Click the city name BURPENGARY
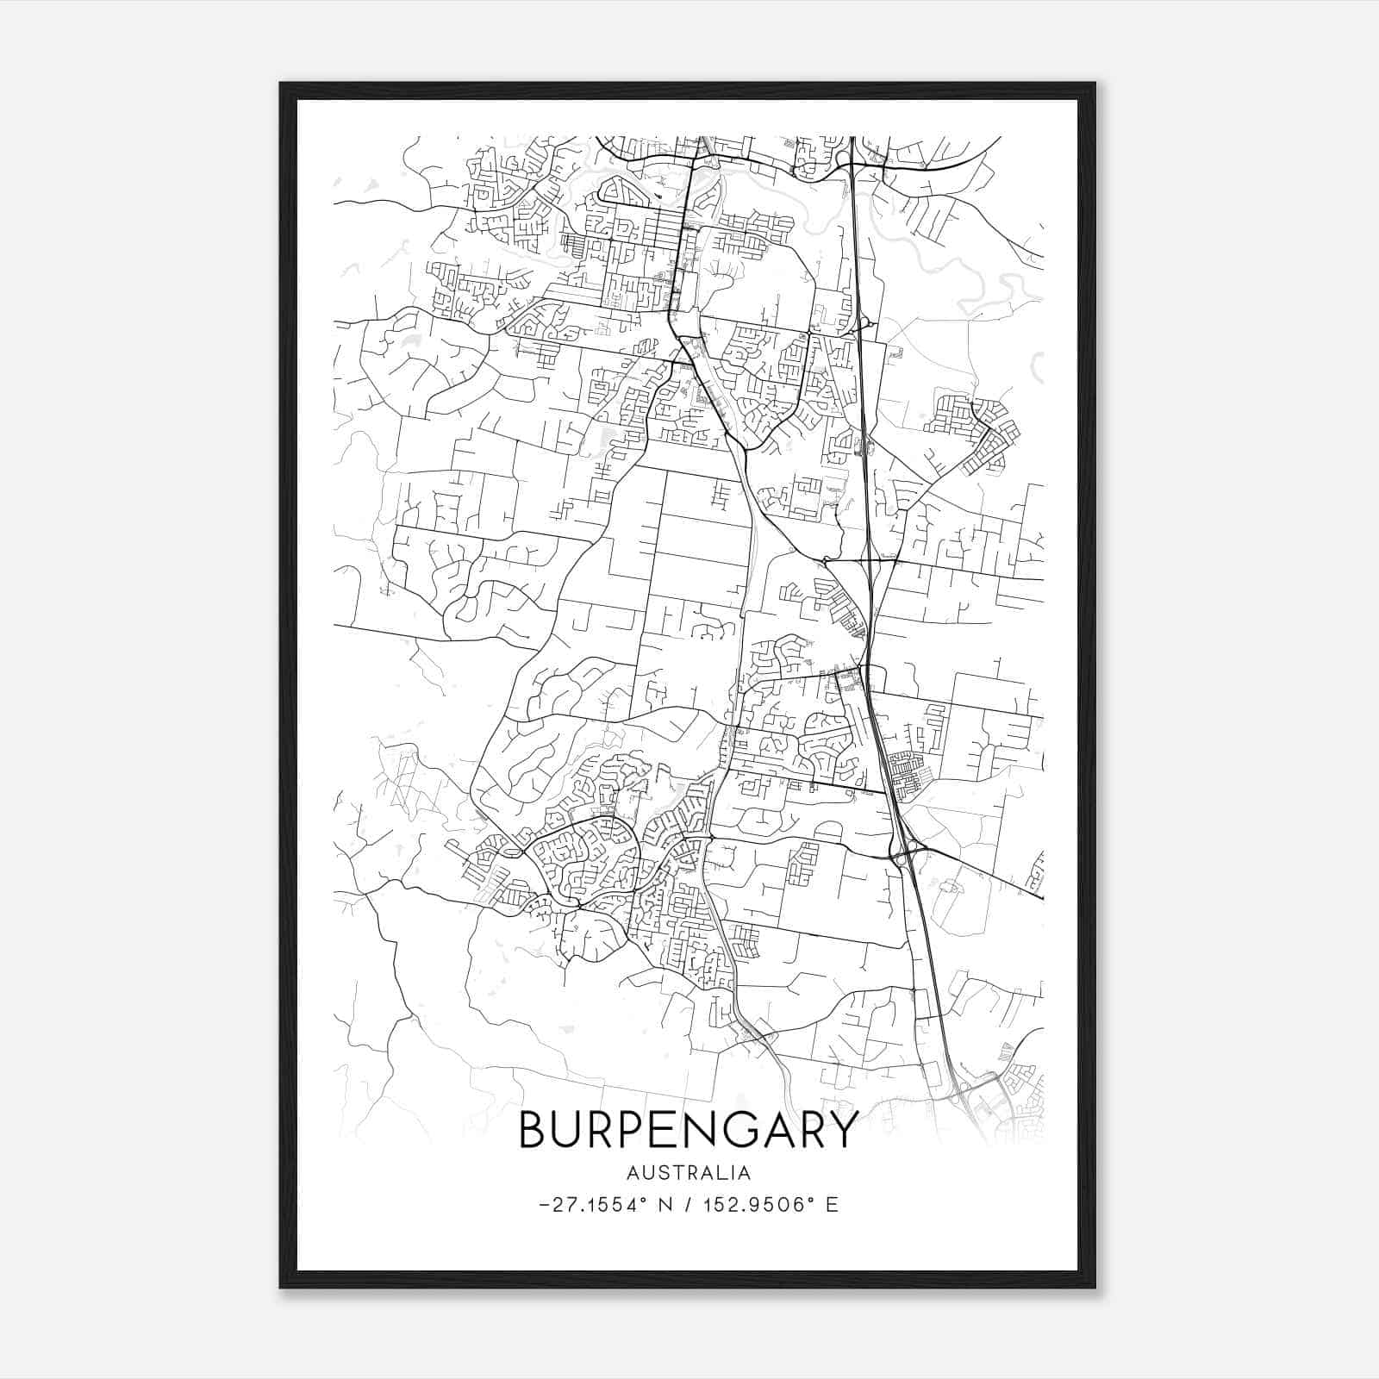tap(689, 1129)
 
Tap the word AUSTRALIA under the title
tap(689, 1173)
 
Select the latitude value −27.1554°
tap(591, 1205)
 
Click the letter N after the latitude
tap(665, 1205)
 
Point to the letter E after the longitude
tap(832, 1205)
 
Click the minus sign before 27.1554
tap(544, 1205)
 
